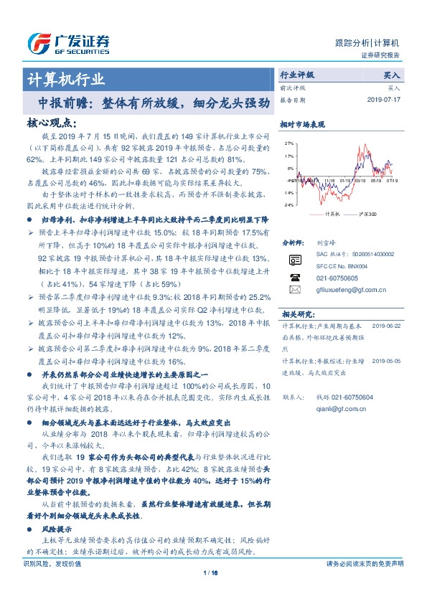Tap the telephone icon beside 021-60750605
(295, 276)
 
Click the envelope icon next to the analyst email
(295, 289)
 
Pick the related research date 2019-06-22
(390, 325)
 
